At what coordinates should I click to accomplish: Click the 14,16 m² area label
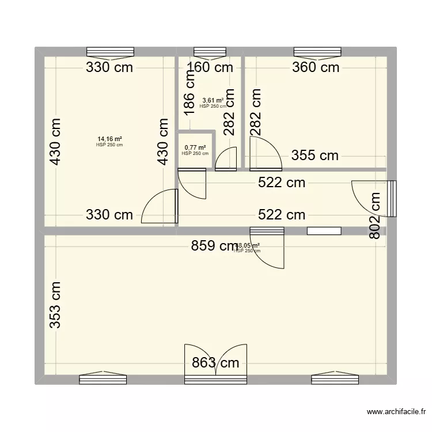click(x=109, y=139)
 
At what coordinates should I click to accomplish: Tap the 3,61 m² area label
click(x=211, y=101)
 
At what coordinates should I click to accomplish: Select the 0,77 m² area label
click(x=194, y=148)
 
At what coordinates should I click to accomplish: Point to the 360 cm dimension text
click(x=316, y=67)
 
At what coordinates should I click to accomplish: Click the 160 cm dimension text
click(x=210, y=67)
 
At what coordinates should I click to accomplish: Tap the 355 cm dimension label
click(x=314, y=156)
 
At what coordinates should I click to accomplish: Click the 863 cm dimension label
click(x=215, y=363)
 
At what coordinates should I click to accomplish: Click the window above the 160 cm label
click(x=210, y=51)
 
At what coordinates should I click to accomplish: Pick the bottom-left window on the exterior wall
click(x=103, y=378)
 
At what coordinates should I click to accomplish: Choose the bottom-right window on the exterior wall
click(x=335, y=378)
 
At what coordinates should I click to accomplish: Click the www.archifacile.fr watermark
click(x=397, y=412)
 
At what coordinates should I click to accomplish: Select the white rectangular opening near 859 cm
click(x=324, y=231)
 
